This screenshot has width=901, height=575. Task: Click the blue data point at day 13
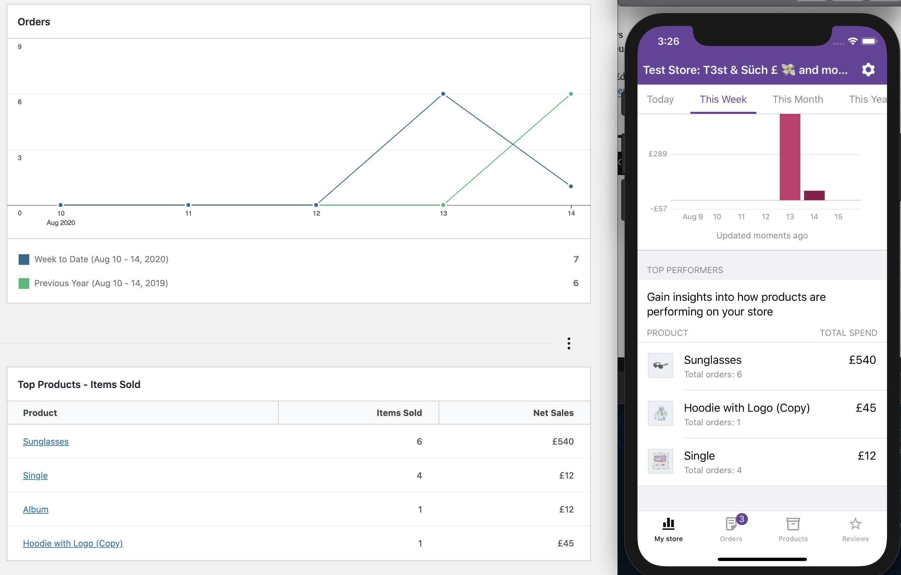coord(443,94)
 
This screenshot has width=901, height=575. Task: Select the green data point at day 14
coord(571,94)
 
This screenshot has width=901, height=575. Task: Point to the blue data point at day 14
coord(571,186)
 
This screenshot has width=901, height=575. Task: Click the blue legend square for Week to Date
coord(24,259)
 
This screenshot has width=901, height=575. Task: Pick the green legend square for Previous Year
coord(24,283)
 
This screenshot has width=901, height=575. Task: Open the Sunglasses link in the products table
coord(46,442)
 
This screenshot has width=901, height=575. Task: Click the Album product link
coord(36,509)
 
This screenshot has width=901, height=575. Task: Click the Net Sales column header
coord(553,413)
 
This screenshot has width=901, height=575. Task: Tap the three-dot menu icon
coord(569,343)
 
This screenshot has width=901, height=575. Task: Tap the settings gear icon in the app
coord(868,70)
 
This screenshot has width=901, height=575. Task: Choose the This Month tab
coord(798,99)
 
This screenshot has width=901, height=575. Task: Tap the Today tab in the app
coord(660,99)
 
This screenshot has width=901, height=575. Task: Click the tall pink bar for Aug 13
coord(790,157)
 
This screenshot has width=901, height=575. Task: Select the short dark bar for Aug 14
coord(814,195)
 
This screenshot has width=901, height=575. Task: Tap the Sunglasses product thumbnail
coord(660,365)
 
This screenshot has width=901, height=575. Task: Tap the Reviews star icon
coord(855,524)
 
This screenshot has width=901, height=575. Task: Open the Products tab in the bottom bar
coord(793,529)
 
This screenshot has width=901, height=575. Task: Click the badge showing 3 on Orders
coord(742,519)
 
